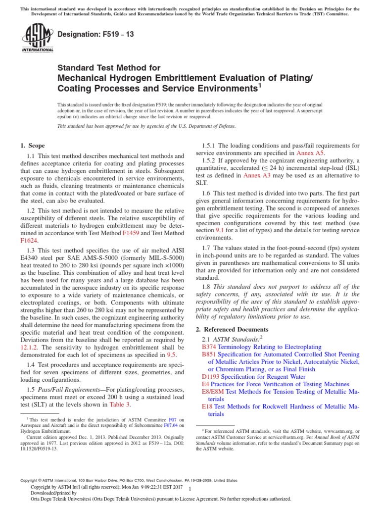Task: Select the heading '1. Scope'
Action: point(32,146)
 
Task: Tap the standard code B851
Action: point(210,355)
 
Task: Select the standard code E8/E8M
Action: point(213,392)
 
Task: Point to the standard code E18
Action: point(207,406)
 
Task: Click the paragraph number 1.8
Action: point(208,286)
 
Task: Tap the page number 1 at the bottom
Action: point(190,489)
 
